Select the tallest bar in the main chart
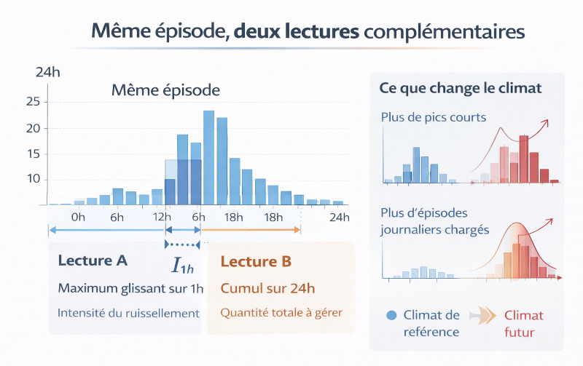208,157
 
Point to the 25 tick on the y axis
32,102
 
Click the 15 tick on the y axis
32,154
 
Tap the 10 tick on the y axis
32,179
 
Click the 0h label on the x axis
79,217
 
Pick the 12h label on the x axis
162,217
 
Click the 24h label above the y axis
47,72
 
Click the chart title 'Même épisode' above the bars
165,91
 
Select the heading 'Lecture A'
93,260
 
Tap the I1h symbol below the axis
182,266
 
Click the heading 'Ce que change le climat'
460,88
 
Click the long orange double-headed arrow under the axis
250,230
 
